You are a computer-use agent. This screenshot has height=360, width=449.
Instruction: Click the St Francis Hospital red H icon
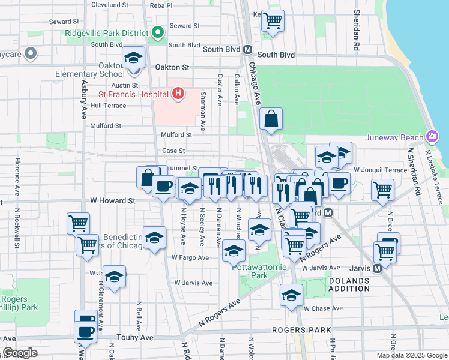tap(178, 93)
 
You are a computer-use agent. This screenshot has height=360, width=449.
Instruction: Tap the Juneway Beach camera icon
tap(432, 137)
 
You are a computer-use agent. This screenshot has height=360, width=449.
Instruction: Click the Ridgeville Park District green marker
tap(158, 32)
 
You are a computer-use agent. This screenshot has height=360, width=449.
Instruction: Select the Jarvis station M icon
tap(377, 268)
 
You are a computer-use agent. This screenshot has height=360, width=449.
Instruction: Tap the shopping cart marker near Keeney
tap(273, 21)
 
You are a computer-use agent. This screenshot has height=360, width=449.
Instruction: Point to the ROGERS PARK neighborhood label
tap(301, 330)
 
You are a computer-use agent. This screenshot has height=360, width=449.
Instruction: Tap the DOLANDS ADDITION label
tap(349, 284)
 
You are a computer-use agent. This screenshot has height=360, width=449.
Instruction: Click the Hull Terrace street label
tap(108, 106)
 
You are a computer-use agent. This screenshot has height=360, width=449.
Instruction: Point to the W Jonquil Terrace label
tap(381, 170)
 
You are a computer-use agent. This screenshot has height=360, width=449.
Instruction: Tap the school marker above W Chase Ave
tap(291, 295)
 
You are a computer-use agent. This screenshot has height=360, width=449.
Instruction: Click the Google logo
tap(20, 353)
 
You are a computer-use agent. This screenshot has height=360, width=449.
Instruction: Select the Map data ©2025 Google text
tap(411, 355)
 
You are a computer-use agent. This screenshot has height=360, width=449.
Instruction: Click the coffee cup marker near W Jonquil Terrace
tap(339, 183)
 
